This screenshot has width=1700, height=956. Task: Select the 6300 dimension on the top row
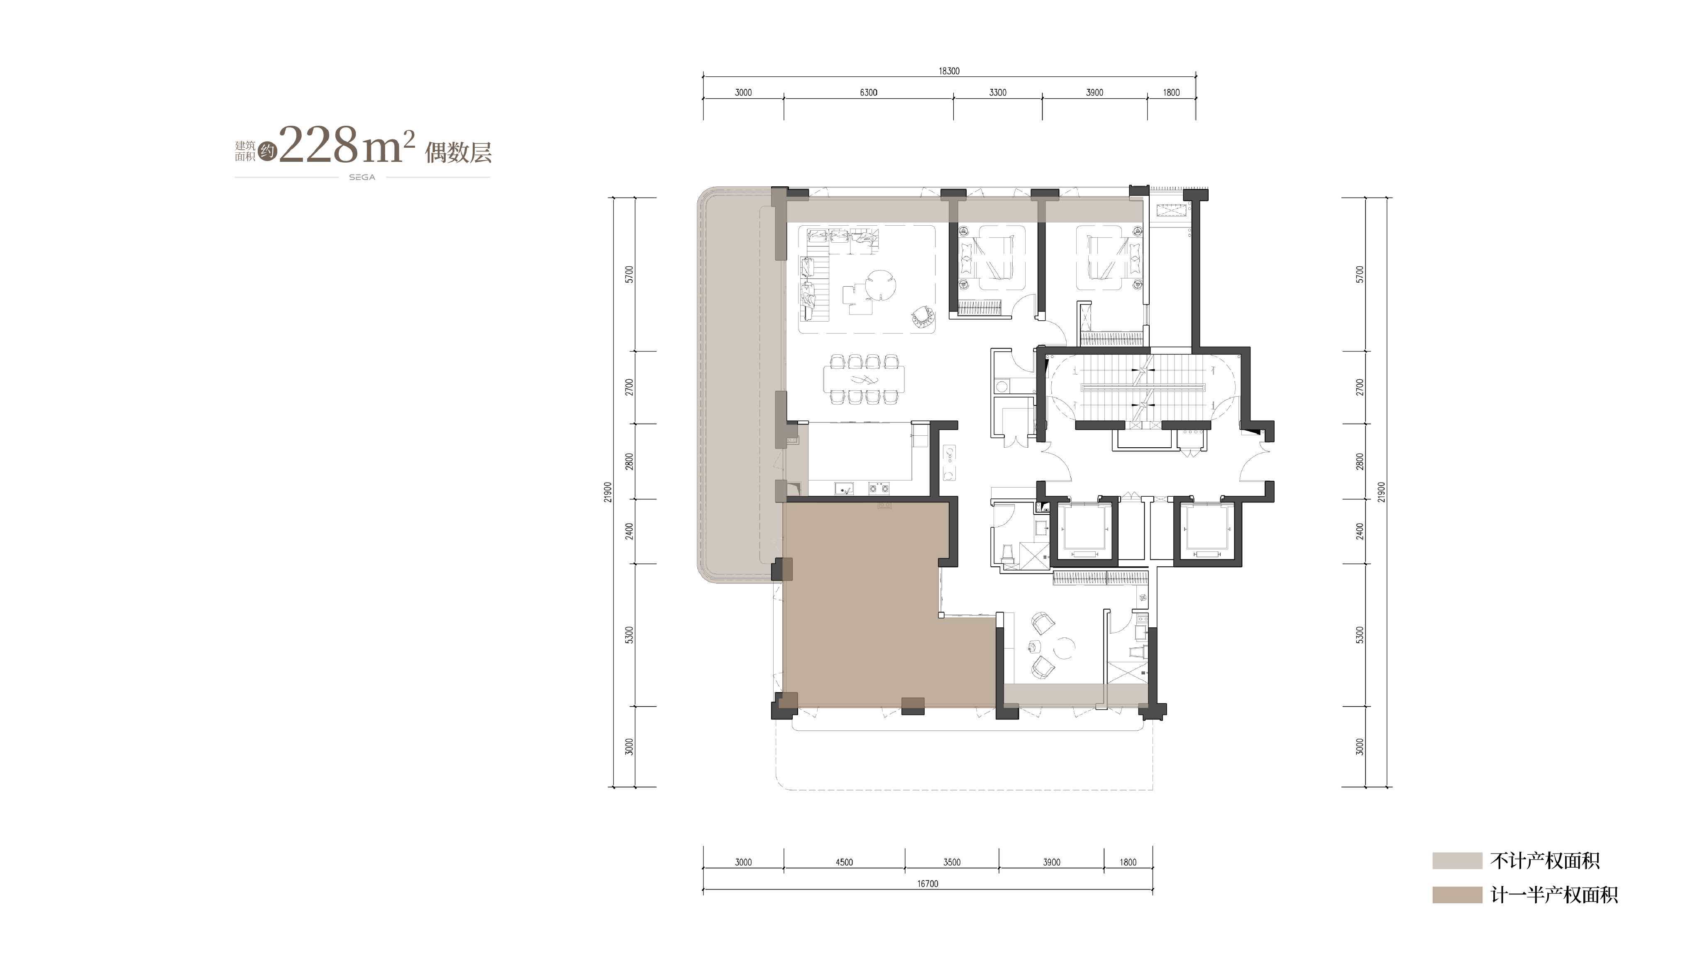869,93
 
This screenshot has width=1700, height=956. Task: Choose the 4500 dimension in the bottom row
844,862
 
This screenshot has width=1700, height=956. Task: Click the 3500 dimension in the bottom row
952,862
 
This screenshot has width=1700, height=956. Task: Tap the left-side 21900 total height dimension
608,492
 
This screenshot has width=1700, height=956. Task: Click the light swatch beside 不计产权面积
1457,860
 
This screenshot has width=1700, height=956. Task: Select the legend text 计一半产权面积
1554,895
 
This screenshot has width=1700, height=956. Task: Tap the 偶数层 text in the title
458,152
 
